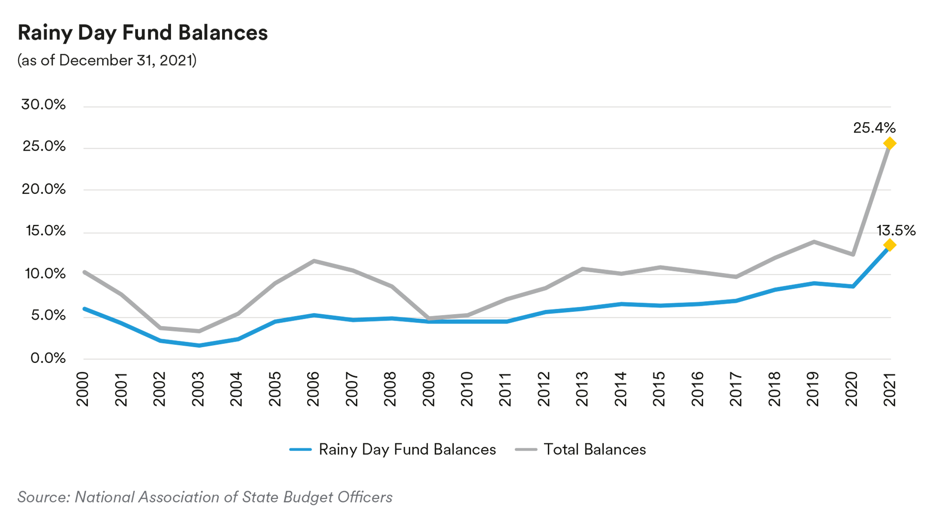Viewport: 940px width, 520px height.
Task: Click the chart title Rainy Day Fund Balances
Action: tap(142, 33)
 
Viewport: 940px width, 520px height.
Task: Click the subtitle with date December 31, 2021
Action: tap(107, 60)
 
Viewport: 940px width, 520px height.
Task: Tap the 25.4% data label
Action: tap(874, 128)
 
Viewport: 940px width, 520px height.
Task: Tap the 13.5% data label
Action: tap(896, 230)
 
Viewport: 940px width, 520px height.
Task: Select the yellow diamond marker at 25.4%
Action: tap(889, 143)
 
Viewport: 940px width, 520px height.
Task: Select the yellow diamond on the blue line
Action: tap(889, 245)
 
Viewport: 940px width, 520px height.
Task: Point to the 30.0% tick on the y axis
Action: tap(43, 105)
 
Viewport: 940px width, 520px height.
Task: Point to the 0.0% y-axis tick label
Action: tap(48, 358)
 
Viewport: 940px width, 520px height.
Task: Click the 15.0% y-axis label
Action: tap(45, 231)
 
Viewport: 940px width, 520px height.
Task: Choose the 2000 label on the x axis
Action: tap(83, 389)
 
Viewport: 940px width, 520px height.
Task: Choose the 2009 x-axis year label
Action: tap(428, 389)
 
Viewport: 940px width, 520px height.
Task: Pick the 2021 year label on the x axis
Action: tap(890, 389)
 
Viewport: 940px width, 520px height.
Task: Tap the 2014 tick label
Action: tap(621, 389)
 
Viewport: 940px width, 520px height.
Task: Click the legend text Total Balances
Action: tap(595, 449)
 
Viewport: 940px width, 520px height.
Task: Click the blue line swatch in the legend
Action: tap(300, 449)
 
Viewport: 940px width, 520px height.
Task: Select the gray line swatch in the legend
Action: tap(526, 449)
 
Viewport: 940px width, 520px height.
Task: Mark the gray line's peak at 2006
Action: tap(313, 261)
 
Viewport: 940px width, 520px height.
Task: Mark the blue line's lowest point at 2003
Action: tap(199, 346)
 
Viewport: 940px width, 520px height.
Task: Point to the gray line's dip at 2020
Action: tap(853, 254)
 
